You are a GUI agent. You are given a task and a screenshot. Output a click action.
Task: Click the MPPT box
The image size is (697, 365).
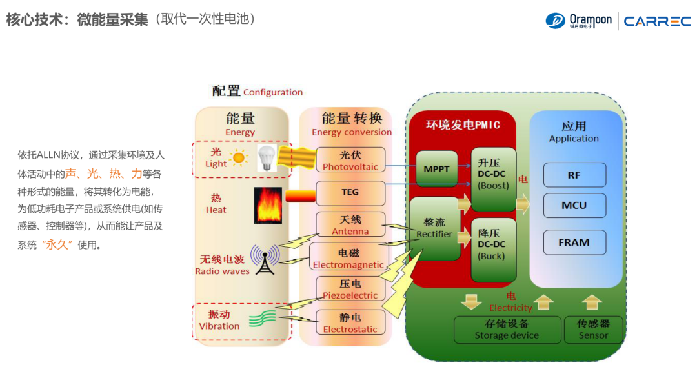click(437, 169)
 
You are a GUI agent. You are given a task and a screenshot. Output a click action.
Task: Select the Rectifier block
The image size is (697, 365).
click(434, 228)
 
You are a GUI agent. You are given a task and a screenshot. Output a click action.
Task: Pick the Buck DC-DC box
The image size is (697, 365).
click(493, 250)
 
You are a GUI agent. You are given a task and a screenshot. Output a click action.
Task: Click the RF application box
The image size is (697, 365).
click(574, 175)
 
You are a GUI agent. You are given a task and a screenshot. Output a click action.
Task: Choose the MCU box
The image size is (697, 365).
click(574, 206)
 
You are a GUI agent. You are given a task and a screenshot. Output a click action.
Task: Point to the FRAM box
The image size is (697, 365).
click(574, 242)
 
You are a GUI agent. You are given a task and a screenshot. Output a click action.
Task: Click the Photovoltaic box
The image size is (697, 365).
click(350, 160)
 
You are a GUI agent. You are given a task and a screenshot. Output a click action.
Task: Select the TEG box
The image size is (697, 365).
click(350, 192)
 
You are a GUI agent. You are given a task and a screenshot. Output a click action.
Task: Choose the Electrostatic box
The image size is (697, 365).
click(350, 322)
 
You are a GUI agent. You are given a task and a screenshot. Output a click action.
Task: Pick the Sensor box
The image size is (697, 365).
click(593, 329)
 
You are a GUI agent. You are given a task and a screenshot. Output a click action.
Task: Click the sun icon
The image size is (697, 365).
click(239, 157)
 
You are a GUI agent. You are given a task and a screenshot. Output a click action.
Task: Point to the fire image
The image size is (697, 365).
click(268, 205)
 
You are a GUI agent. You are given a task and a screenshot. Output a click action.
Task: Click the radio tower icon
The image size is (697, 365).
click(265, 259)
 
